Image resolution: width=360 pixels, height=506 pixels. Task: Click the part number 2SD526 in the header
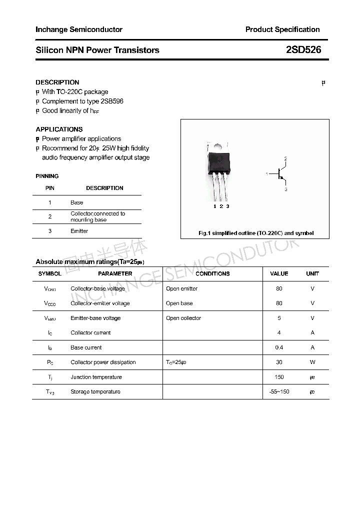(303, 50)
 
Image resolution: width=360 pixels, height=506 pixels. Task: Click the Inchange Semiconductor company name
(79, 29)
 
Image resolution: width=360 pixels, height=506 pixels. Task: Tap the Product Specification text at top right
(282, 29)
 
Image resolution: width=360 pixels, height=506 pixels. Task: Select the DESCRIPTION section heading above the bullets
(57, 82)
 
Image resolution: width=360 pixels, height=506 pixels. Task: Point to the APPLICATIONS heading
(59, 129)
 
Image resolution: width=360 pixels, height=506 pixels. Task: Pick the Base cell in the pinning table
(77, 202)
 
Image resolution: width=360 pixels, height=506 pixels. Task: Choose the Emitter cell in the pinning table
(79, 231)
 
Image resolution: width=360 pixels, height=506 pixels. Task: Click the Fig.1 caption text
(256, 233)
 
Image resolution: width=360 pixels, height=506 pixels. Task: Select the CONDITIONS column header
(212, 273)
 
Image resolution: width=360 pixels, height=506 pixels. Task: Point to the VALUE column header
(279, 273)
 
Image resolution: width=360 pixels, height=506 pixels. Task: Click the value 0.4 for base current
(279, 347)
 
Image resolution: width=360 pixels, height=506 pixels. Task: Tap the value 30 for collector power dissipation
(279, 362)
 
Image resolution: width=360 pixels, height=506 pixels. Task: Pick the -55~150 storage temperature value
(279, 391)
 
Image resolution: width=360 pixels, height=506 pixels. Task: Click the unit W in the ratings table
(312, 362)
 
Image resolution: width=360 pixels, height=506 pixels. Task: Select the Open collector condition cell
(183, 318)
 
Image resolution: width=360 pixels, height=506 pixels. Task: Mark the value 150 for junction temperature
(279, 377)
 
